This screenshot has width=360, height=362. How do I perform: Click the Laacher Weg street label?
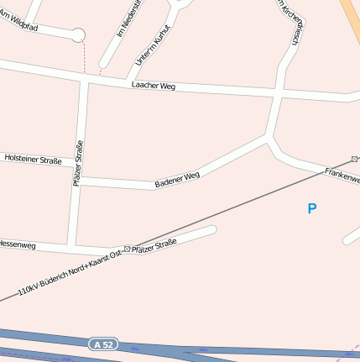153,86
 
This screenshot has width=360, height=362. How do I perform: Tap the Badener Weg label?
177,180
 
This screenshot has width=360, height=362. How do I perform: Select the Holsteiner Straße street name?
33,158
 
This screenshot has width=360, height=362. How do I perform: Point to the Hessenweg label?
17,244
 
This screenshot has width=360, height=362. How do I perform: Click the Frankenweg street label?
343,176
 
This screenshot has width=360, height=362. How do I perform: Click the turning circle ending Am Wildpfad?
77,35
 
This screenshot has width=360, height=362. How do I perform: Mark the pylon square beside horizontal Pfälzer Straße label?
128,249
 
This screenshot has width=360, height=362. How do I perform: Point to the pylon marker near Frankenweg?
355,159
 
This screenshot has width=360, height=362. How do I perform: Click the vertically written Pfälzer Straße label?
79,163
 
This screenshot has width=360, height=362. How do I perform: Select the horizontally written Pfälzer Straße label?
154,245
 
